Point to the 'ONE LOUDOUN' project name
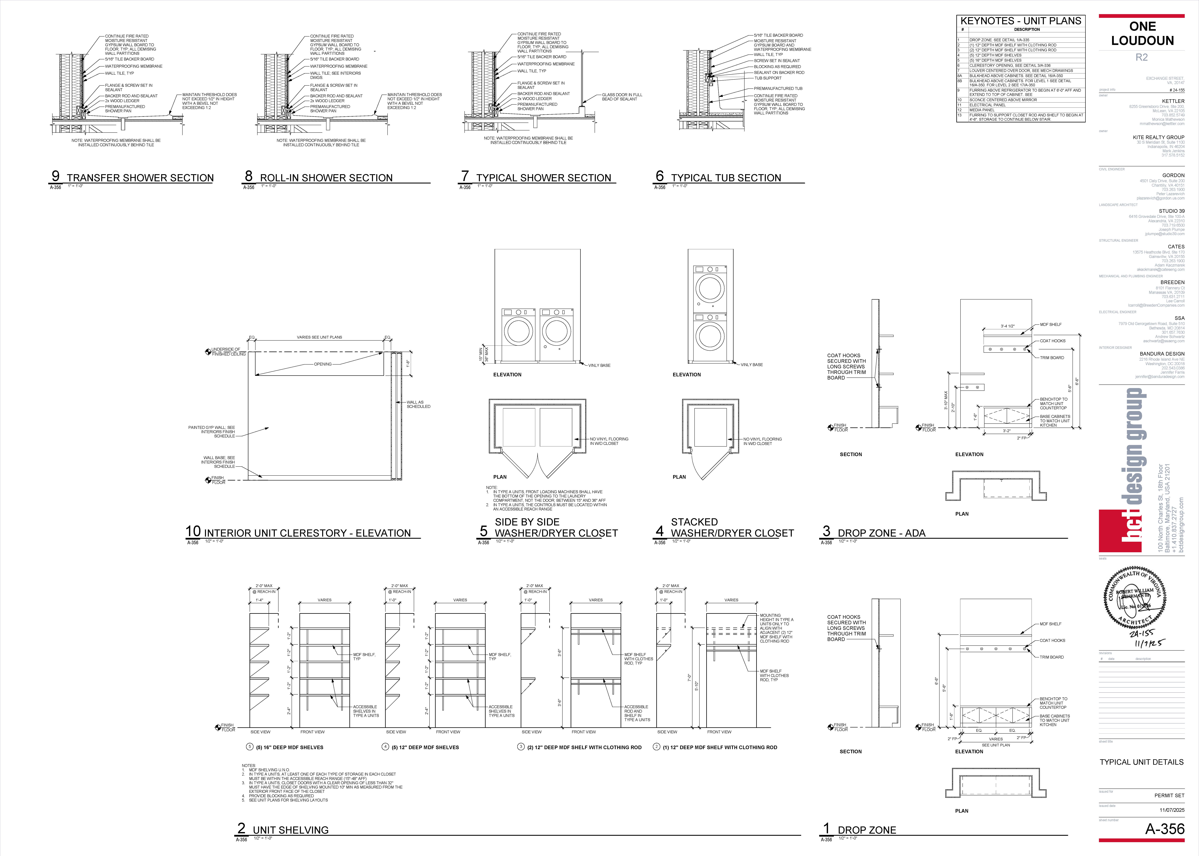tap(1142, 34)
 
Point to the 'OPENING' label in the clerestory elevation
tap(323, 364)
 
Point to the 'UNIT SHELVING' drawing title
tap(290, 830)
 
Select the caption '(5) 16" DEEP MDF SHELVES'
tap(289, 747)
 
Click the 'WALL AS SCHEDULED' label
tap(418, 404)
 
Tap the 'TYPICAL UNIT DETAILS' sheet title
tap(1141, 762)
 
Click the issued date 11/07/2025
tap(1172, 810)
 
